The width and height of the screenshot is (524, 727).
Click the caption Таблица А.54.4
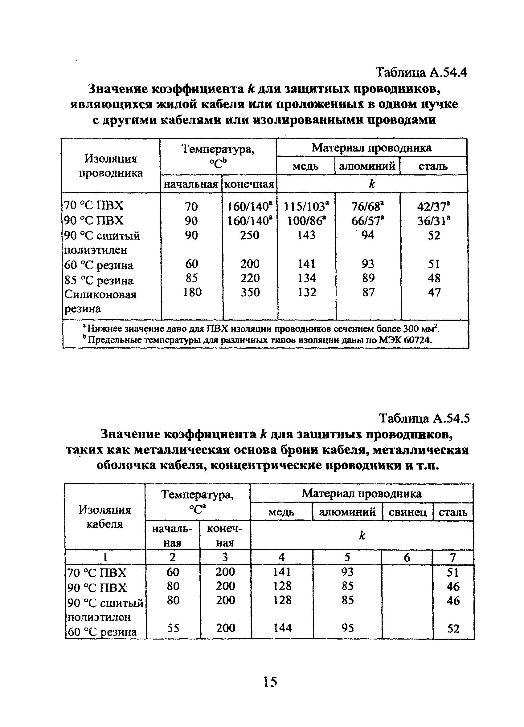point(421,73)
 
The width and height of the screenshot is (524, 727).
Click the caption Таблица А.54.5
point(424,418)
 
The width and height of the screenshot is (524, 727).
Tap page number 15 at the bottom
point(270,681)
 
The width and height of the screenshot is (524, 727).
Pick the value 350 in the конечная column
point(250,292)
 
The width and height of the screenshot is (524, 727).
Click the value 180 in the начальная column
point(192,292)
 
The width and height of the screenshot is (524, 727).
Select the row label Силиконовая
point(100,294)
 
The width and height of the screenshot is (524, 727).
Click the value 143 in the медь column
point(306,235)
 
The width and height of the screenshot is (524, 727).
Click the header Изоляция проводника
point(111,166)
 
